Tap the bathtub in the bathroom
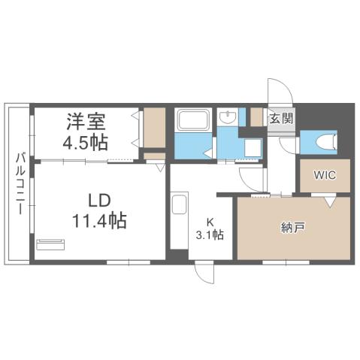click(194, 120)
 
